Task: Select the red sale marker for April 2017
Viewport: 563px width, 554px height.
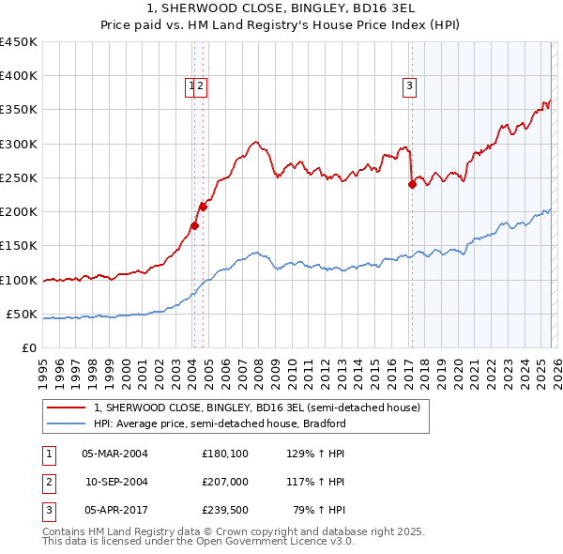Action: coord(412,185)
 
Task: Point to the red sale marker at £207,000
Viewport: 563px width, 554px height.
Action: coord(203,207)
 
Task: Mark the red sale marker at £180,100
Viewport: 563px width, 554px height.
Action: coord(194,225)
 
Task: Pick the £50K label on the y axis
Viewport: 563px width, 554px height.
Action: coord(23,314)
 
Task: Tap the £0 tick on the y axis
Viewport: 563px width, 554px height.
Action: coord(29,348)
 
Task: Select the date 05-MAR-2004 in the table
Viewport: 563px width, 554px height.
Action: coord(114,453)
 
